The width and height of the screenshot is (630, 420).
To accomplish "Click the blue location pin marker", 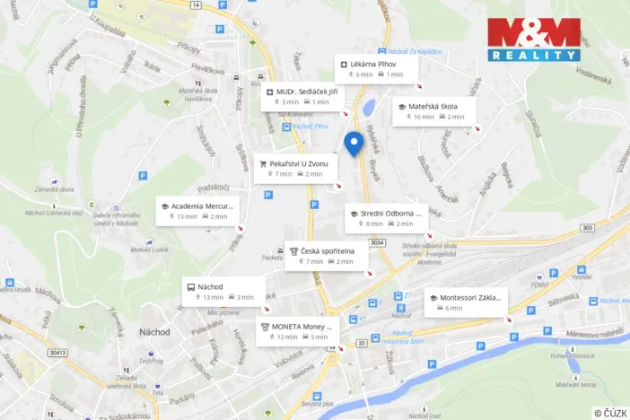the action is (354, 144).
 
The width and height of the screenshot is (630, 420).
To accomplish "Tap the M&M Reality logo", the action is (534, 39).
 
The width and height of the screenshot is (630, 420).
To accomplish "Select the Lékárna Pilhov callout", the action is (379, 68).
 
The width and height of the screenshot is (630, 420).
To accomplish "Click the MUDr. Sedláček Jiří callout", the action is (304, 96).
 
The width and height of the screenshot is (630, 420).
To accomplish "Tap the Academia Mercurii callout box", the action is (197, 210).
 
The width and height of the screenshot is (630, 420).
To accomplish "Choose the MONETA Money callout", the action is (298, 331).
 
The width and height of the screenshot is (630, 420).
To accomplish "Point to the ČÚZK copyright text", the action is (609, 412).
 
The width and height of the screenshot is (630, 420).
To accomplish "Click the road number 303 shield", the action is (586, 228).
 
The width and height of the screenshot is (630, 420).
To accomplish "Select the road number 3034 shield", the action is (378, 242).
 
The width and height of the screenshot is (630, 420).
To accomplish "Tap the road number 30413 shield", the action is (58, 353).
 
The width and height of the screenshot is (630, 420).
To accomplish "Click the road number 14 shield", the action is (196, 4).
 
